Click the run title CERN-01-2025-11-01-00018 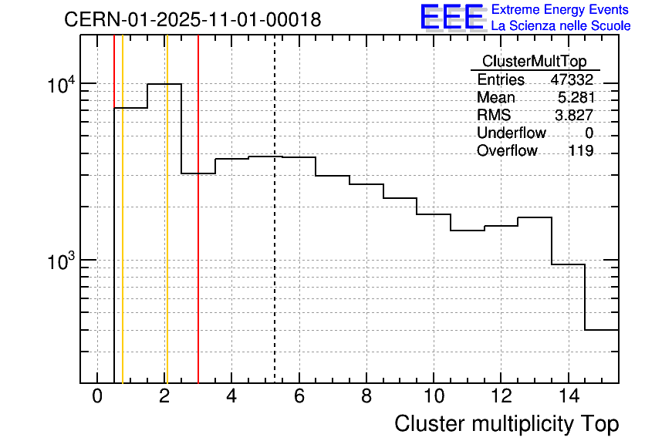pyautogui.click(x=192, y=19)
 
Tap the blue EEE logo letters pyautogui.click(x=451, y=17)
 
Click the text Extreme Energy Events pyautogui.click(x=561, y=10)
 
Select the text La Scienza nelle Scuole pyautogui.click(x=561, y=26)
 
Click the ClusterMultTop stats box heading pyautogui.click(x=534, y=62)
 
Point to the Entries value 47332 pyautogui.click(x=572, y=80)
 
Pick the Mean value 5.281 pyautogui.click(x=575, y=98)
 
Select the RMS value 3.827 pyautogui.click(x=575, y=115)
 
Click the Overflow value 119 pyautogui.click(x=580, y=150)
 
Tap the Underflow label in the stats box pyautogui.click(x=511, y=133)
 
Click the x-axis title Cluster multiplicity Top pyautogui.click(x=506, y=423)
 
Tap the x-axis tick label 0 pyautogui.click(x=97, y=396)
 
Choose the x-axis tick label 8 pyautogui.click(x=366, y=396)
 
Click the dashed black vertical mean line pyautogui.click(x=275, y=231)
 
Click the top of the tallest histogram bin pyautogui.click(x=164, y=84)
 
